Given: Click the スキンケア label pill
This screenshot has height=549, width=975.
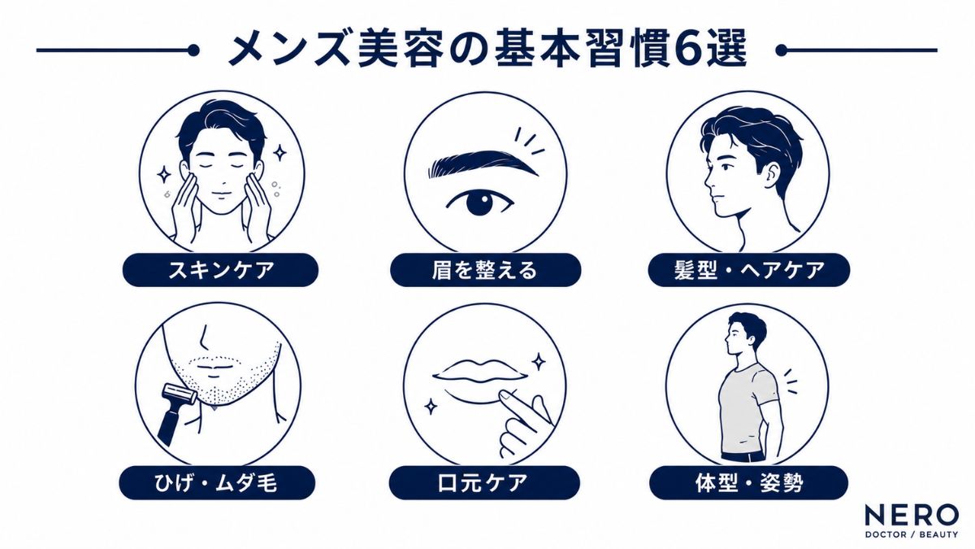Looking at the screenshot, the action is (221, 270).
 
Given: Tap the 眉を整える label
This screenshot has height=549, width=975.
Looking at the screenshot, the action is (485, 270).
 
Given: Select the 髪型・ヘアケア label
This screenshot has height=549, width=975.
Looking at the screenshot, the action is (749, 270).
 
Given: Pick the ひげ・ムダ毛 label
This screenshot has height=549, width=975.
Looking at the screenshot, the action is (217, 483).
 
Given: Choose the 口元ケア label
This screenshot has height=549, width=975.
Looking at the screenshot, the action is (484, 483).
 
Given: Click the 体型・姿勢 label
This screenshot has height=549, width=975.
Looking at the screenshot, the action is (748, 483).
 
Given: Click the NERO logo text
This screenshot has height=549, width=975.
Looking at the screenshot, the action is (912, 515).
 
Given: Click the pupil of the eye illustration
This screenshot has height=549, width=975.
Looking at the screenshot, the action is (479, 203).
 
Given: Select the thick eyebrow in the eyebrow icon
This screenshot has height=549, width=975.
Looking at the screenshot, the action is (483, 163).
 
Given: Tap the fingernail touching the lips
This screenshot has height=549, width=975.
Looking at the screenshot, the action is (505, 395).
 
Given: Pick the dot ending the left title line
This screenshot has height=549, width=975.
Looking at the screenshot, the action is (193, 50).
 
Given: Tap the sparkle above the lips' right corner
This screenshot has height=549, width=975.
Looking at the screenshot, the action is (539, 361).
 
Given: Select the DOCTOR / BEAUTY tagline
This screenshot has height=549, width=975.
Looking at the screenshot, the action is (912, 534).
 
